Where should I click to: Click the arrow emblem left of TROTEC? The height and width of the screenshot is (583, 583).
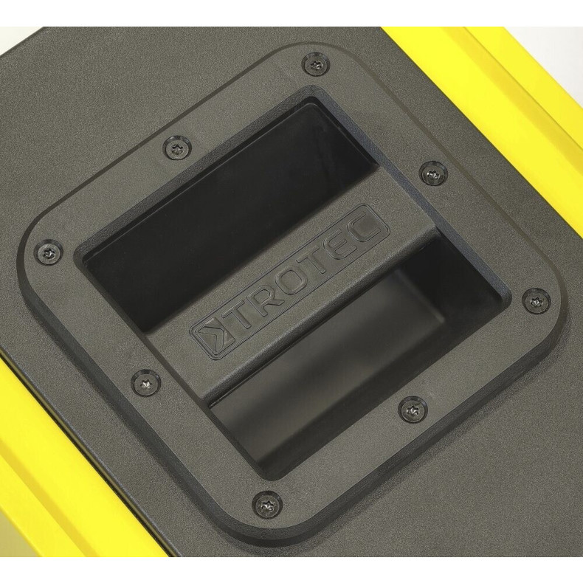click(x=213, y=336)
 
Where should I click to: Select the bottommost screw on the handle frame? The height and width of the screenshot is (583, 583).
click(x=267, y=504)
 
